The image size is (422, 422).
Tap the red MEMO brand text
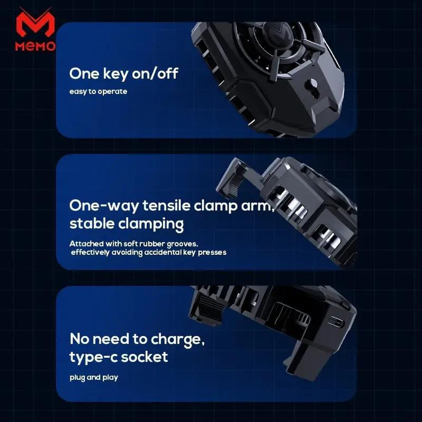pos(35,46)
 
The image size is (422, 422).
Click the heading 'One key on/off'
pos(124,74)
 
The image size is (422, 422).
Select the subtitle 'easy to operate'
pos(98,92)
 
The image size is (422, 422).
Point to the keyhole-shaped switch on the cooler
pos(312,88)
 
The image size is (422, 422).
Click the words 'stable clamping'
pos(127,224)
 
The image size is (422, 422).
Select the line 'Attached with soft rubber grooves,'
pos(134,244)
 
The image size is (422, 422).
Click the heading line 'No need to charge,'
pos(137,339)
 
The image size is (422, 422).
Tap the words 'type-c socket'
pos(119,357)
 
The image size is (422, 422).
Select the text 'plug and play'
pos(93,378)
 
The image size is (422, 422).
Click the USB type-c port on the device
pos(336,322)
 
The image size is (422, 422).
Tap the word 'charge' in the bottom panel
pos(177,340)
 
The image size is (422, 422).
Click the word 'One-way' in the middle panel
pos(104,205)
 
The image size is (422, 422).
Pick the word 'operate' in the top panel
pos(113,92)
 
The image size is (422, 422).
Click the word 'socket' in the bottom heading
pos(145,357)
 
